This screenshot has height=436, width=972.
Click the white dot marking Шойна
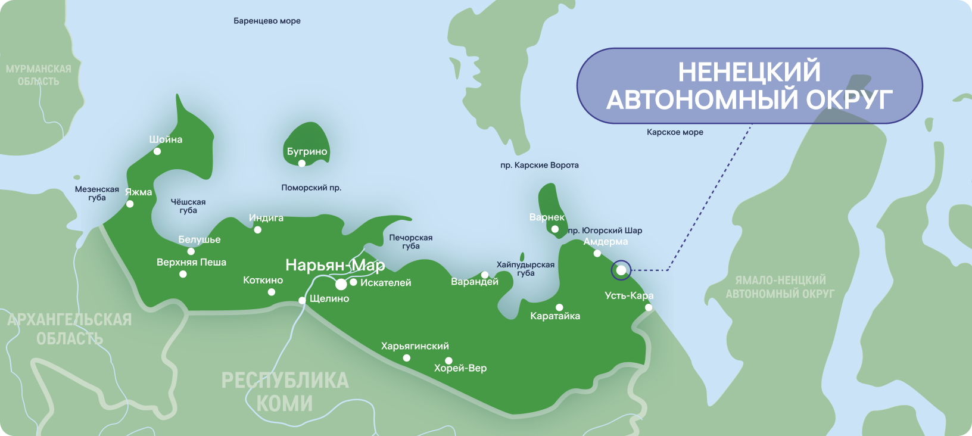157,151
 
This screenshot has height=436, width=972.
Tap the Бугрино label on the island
307,152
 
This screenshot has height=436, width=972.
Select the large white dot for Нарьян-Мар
341,285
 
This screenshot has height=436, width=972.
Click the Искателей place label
385,283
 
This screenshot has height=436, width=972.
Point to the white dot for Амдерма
597,253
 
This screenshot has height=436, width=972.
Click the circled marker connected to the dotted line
621,270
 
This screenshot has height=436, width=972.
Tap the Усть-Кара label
629,295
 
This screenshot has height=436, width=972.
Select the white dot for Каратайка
559,308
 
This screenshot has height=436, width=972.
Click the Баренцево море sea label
267,21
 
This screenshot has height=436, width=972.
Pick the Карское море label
675,132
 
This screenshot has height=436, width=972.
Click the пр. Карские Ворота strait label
540,165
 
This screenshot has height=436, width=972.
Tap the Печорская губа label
411,241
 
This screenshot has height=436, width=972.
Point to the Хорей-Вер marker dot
448,360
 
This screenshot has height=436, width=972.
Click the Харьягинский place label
415,346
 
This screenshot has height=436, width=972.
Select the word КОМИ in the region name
284,403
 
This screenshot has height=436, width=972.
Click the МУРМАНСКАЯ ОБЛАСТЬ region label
39,75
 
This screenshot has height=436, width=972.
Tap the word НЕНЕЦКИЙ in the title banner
749,72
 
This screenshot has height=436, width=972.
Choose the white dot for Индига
257,229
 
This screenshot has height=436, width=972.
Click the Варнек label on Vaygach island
547,217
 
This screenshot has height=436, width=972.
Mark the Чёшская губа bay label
188,206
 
